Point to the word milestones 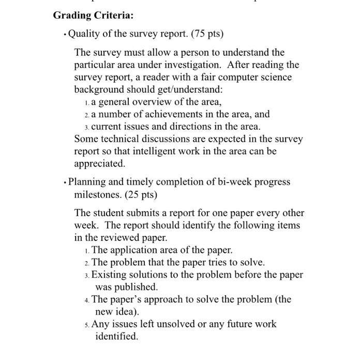(98, 195)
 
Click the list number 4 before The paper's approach (85, 299)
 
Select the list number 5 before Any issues (85, 324)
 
